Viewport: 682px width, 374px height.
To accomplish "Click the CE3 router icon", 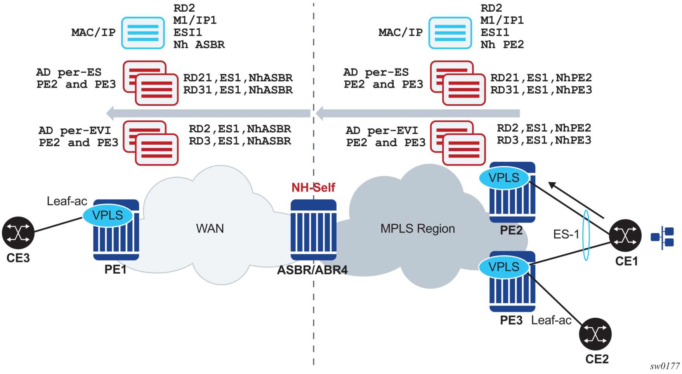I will (18, 233).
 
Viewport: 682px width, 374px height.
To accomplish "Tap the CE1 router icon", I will (625, 235).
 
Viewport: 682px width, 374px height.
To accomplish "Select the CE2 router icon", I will (595, 334).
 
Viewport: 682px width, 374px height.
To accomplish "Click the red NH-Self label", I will (313, 188).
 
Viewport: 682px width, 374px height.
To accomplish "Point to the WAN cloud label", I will (210, 229).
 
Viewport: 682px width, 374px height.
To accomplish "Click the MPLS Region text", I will (417, 229).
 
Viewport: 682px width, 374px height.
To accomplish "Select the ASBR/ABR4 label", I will (312, 270).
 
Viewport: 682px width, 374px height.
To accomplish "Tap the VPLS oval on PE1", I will (108, 215).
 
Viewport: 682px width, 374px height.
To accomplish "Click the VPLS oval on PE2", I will (504, 178).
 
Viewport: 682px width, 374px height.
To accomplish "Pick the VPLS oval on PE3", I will (504, 267).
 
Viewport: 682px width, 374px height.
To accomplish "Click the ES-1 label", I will (566, 234).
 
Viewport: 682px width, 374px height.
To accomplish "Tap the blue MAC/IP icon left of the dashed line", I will (143, 33).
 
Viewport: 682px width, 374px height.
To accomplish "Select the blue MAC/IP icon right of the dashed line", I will (450, 33).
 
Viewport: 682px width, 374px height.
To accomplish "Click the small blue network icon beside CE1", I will (663, 237).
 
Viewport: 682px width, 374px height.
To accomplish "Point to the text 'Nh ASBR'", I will (199, 45).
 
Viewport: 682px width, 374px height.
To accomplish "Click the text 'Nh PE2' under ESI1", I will (502, 45).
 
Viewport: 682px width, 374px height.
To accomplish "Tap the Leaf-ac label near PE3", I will (551, 320).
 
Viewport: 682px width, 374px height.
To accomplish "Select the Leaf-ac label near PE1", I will (67, 201).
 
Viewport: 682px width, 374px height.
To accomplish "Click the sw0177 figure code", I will (665, 366).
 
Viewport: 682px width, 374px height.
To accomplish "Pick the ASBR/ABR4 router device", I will (313, 230).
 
